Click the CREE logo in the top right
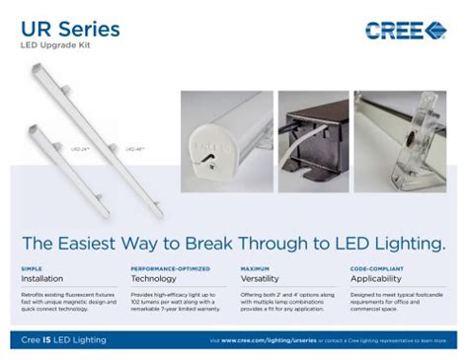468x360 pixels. click(x=406, y=30)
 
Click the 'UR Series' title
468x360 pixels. click(x=71, y=30)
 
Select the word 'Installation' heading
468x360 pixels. click(x=41, y=279)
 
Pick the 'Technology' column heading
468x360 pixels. click(x=153, y=279)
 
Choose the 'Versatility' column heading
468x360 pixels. click(x=261, y=279)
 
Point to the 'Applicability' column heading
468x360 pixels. click(x=375, y=279)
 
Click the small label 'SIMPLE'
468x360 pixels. click(x=32, y=268)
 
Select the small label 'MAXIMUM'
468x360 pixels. click(x=255, y=268)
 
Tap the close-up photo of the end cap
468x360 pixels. click(x=224, y=127)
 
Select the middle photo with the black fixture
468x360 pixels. click(x=312, y=127)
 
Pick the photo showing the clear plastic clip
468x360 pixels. click(x=401, y=127)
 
